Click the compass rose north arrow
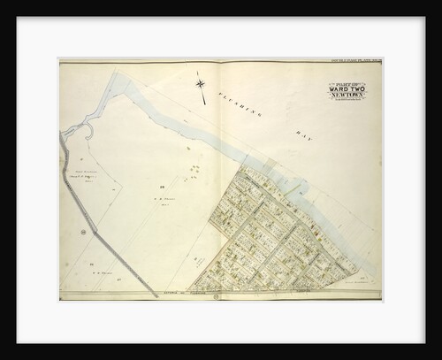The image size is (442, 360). pyautogui.click(x=203, y=86)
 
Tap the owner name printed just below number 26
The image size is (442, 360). pyautogui.click(x=161, y=200)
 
